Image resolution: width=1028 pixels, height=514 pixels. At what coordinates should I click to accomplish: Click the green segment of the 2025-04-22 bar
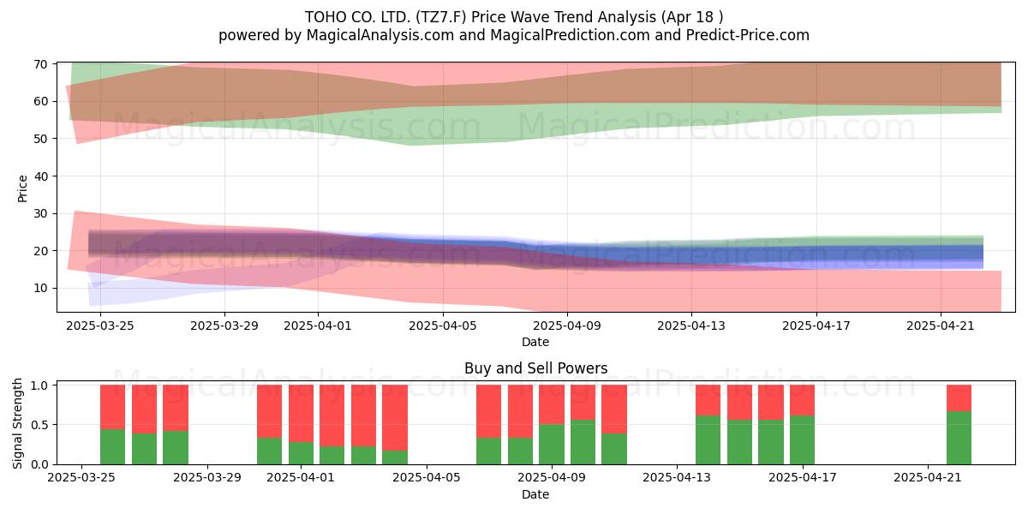point(959,438)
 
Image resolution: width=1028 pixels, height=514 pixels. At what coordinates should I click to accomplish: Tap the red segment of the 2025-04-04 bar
point(395,418)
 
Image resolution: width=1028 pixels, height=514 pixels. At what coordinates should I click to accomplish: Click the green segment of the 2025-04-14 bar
point(708,440)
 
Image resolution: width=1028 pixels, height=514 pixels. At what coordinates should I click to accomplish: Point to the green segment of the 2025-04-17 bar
point(802,440)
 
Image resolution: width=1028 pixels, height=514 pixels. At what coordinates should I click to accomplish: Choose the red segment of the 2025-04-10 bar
point(583,402)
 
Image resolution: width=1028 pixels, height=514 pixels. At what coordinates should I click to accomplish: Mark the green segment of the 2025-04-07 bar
point(488,451)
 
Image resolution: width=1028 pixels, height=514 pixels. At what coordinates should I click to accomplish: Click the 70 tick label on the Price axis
point(40,64)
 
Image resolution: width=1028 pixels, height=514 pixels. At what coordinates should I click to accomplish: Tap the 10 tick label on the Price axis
point(40,288)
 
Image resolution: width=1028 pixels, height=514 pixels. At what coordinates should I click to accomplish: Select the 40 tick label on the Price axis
point(40,176)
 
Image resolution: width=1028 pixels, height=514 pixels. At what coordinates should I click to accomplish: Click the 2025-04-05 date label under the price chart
point(443,326)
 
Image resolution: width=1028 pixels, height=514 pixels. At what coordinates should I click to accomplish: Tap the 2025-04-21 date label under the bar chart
point(928,477)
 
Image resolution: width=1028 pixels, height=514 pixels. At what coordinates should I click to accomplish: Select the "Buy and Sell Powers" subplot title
point(535,368)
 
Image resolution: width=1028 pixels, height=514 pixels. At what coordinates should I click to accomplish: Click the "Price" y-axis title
point(22,188)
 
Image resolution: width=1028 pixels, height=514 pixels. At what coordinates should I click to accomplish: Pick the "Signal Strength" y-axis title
point(17,423)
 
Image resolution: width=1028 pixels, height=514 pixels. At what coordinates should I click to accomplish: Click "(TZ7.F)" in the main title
point(441,17)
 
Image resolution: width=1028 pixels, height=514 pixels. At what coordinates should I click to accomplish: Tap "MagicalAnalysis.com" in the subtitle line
point(380,35)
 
